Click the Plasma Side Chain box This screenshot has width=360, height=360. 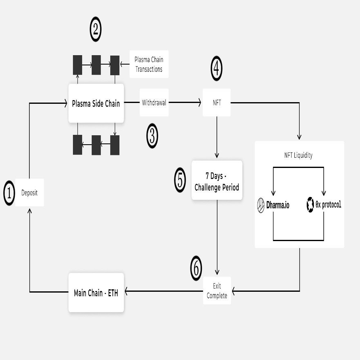point(96,103)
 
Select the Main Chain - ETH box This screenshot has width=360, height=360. point(96,293)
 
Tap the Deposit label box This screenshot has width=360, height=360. point(29,192)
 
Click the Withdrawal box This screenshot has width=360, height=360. point(154,103)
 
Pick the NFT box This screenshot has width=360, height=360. point(217,103)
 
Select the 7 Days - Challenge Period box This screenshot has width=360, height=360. point(217,180)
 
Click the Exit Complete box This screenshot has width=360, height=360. point(217,291)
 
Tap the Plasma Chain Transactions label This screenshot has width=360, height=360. point(149,64)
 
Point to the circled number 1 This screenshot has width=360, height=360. point(9,192)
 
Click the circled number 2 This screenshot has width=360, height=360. point(95,30)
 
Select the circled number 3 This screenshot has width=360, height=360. point(152,136)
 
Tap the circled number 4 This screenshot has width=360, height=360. point(217,69)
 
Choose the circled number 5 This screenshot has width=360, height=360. point(180,180)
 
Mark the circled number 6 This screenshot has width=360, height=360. point(196,268)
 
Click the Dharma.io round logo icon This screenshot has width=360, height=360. point(261,205)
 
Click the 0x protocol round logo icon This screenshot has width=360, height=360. point(311,205)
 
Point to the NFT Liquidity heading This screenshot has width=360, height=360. point(298,155)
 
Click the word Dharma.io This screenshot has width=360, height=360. point(278,205)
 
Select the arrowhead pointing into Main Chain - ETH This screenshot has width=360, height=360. point(127,291)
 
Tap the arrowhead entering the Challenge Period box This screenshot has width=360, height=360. point(217,157)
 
